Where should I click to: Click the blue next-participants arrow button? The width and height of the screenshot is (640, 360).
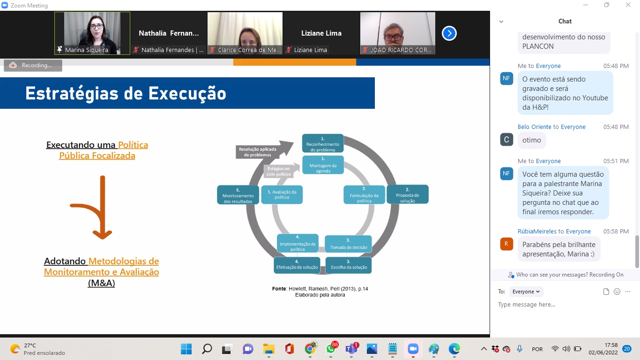coord(449,33)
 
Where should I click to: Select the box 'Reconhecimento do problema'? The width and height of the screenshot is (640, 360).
coord(323,143)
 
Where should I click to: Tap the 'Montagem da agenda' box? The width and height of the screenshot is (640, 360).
coord(323,165)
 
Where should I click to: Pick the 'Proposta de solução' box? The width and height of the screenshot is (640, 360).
coord(408,195)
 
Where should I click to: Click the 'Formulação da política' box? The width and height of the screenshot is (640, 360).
coord(365,195)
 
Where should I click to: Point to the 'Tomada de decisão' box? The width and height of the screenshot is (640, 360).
coord(348,244)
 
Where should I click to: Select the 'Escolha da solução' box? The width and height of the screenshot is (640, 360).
coord(349,265)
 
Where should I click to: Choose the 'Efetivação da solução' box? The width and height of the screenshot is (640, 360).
coord(297,265)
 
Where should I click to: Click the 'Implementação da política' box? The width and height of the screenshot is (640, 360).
coord(298,243)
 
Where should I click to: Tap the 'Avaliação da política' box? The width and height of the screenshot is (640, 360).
coord(282,195)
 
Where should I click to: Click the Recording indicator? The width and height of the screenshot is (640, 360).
coord(33,65)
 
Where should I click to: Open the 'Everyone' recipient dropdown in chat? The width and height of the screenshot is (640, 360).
coord(526,292)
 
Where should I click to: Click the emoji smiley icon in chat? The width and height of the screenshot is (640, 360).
coord(617,292)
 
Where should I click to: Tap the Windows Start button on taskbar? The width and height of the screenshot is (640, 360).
coord(186,349)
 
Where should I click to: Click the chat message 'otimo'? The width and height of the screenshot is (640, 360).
coord(532,140)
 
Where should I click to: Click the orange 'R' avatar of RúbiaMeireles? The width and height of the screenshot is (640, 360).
coord(506,244)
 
